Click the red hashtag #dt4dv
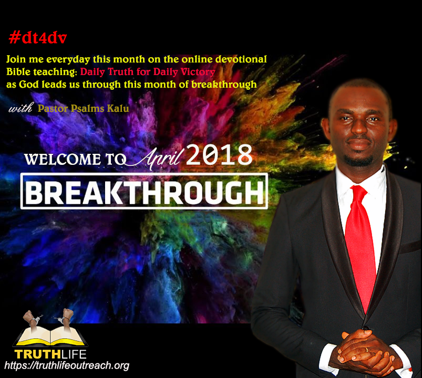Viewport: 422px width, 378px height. (x=38, y=38)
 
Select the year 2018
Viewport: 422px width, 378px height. (x=219, y=155)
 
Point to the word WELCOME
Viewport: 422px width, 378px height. (x=63, y=159)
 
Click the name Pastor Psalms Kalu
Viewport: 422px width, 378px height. (x=84, y=108)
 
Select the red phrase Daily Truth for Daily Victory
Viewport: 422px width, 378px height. (x=148, y=72)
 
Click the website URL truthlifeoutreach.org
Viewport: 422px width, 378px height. (x=67, y=365)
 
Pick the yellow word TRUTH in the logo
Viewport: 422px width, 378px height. (x=38, y=354)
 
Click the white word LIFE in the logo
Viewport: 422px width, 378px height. (x=74, y=354)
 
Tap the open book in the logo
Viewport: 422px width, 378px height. (x=50, y=337)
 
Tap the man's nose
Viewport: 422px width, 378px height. (x=359, y=127)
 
